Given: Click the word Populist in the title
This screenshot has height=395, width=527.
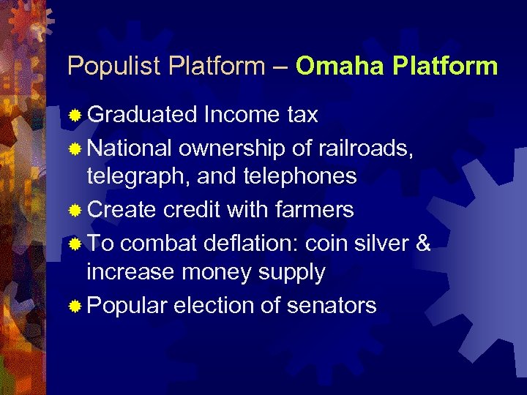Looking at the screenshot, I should point(114,67).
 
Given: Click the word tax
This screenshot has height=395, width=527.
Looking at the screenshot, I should point(302,115).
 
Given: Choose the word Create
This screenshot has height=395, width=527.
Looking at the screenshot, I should point(122,210).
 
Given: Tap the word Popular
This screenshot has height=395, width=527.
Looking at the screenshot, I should point(127,304).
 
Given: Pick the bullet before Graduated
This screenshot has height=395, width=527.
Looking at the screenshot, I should point(74,115).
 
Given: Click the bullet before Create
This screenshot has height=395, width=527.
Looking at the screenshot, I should point(74,211).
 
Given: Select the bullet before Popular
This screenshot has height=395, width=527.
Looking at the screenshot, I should point(74,305).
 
